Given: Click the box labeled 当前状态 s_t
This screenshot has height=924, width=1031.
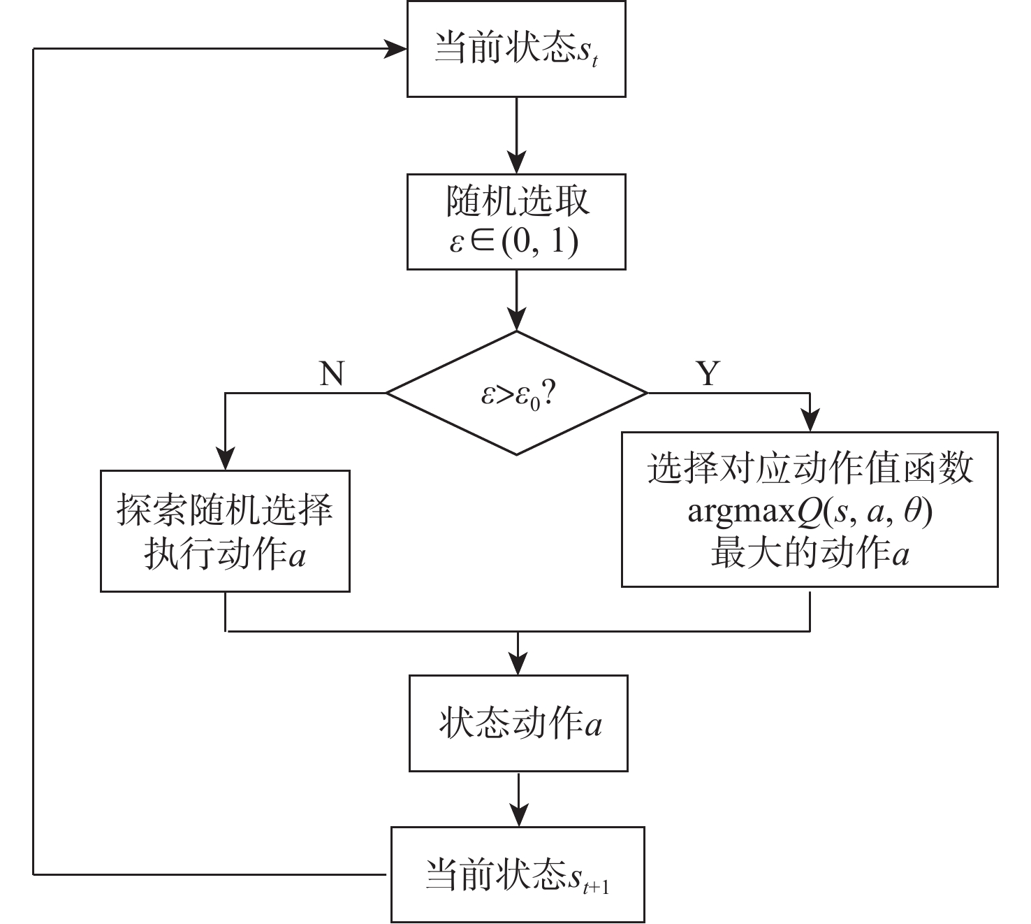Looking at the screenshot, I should click(515, 49).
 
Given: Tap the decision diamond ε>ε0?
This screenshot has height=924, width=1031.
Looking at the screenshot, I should click(517, 394).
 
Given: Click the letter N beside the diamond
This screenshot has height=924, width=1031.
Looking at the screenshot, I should click(332, 374).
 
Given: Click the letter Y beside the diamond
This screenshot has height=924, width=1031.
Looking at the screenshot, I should click(708, 374).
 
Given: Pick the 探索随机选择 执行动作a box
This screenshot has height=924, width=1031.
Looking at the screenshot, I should click(225, 531).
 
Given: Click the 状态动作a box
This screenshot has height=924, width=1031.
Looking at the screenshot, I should click(518, 723).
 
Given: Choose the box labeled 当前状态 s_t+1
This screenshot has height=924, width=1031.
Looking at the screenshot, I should click(517, 874).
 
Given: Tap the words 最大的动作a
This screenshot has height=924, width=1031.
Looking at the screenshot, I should click(810, 554).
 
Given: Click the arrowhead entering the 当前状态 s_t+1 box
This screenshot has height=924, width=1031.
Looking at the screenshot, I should click(518, 817).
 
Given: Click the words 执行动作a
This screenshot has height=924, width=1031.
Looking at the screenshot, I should click(225, 555).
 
